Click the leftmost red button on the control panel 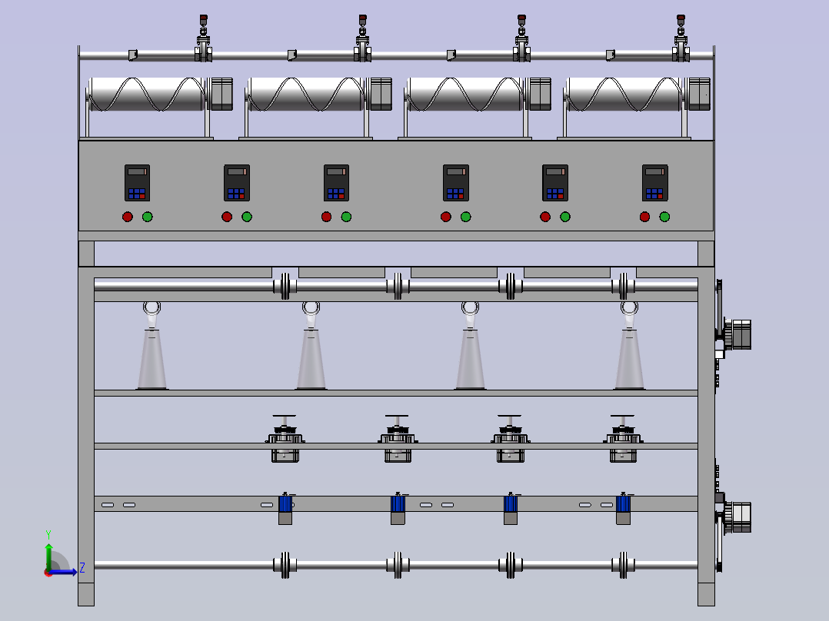(128, 217)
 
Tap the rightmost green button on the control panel (664, 217)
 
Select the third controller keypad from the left (336, 183)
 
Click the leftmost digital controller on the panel (138, 183)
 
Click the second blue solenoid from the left (398, 503)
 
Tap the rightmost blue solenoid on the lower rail (624, 503)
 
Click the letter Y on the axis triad (48, 534)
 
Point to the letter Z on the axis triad (82, 568)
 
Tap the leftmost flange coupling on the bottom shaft (285, 566)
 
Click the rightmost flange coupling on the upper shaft (624, 287)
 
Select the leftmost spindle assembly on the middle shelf (285, 439)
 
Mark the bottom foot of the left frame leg (86, 594)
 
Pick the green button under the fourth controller (466, 217)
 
